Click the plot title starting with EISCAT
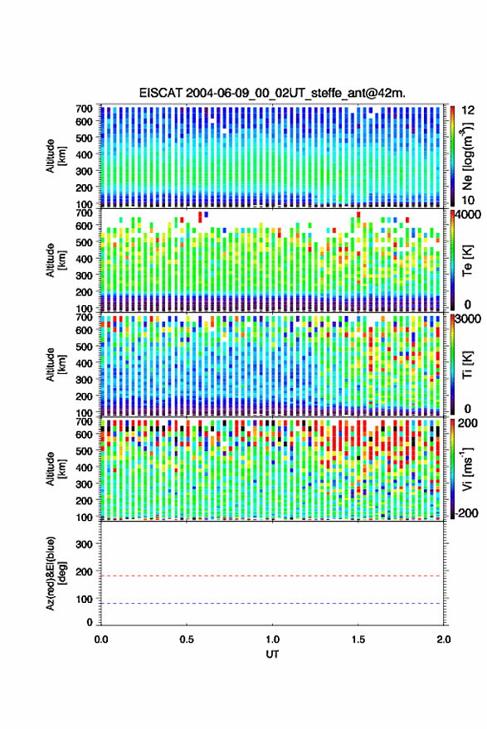click(272, 93)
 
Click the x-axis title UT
click(272, 654)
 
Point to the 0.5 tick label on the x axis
click(187, 639)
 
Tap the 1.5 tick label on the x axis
click(358, 639)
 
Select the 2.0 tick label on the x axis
click(444, 639)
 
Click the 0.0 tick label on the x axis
click(101, 639)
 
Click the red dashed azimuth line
click(272, 576)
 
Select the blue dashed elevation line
click(272, 604)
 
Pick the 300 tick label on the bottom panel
click(84, 544)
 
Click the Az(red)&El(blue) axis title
click(56, 573)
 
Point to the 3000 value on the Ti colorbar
click(469, 318)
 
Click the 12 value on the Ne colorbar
click(469, 109)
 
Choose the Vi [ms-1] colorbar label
click(467, 469)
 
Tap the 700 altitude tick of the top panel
click(84, 109)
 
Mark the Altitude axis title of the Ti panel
click(56, 365)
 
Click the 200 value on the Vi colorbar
click(468, 423)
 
